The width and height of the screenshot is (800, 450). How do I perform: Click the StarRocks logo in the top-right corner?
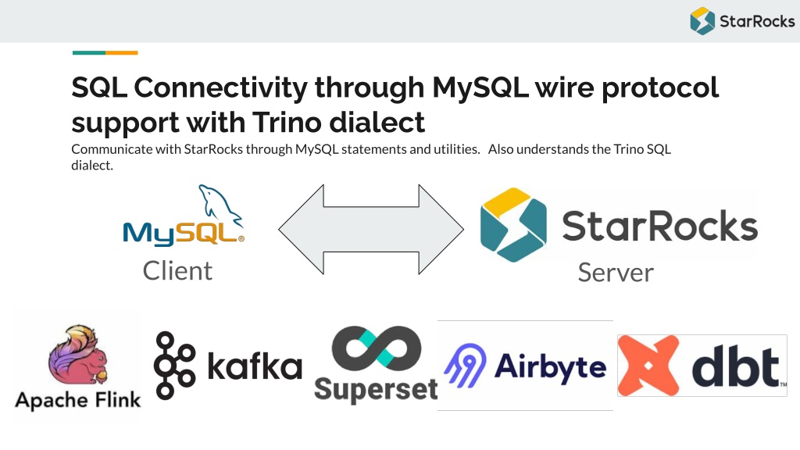click(742, 21)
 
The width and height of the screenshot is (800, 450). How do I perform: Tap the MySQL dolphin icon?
click(220, 205)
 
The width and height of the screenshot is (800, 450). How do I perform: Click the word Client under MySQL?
click(177, 270)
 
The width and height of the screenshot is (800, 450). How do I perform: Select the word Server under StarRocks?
click(616, 273)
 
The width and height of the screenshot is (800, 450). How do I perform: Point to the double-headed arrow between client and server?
click(371, 230)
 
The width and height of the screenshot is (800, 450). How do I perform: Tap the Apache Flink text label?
click(78, 400)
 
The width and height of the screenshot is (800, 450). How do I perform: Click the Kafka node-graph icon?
click(174, 366)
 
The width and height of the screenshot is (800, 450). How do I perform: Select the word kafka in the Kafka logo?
click(255, 366)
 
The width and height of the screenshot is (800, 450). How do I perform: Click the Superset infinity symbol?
click(377, 349)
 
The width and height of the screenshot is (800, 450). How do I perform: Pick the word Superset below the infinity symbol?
click(376, 391)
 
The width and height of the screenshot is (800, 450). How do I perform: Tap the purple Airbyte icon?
click(466, 366)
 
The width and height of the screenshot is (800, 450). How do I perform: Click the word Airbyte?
click(551, 367)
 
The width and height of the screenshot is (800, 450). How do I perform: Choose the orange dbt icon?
click(648, 366)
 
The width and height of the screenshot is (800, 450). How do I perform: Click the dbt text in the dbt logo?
click(736, 366)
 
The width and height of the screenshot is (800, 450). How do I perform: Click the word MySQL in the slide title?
click(480, 87)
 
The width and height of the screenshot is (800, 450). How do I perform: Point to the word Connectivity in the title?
click(220, 87)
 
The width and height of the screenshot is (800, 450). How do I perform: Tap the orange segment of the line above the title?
click(121, 52)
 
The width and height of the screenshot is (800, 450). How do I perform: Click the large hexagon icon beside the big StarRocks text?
click(513, 225)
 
